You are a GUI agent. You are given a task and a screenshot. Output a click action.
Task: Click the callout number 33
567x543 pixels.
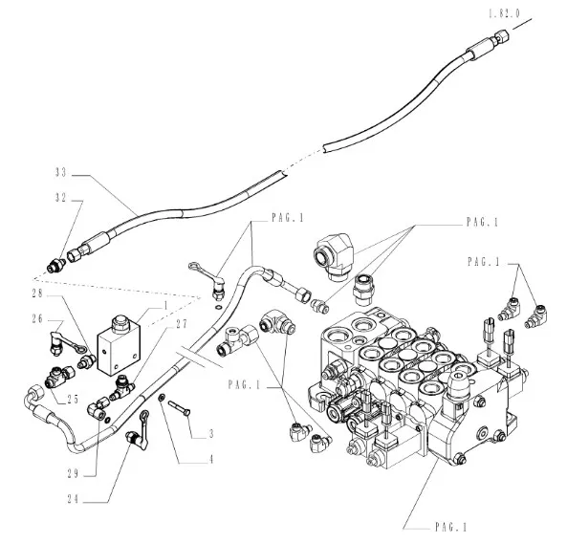click(x=61, y=173)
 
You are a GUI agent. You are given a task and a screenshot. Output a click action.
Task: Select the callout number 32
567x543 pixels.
click(x=61, y=198)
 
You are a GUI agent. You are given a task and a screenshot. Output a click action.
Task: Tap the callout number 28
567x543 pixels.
click(x=37, y=293)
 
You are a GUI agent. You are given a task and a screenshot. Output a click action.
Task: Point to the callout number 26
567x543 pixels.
click(x=37, y=319)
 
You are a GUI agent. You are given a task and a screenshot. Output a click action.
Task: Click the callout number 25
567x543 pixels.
click(x=73, y=399)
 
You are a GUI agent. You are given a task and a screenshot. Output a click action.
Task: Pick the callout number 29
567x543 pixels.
click(x=73, y=473)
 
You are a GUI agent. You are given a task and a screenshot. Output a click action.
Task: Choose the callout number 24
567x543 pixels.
click(x=73, y=499)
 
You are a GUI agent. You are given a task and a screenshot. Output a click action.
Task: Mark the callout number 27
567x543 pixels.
click(x=182, y=324)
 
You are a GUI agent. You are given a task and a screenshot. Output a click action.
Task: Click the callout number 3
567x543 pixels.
click(x=211, y=433)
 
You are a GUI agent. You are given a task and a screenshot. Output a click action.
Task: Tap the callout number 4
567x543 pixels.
click(x=211, y=459)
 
